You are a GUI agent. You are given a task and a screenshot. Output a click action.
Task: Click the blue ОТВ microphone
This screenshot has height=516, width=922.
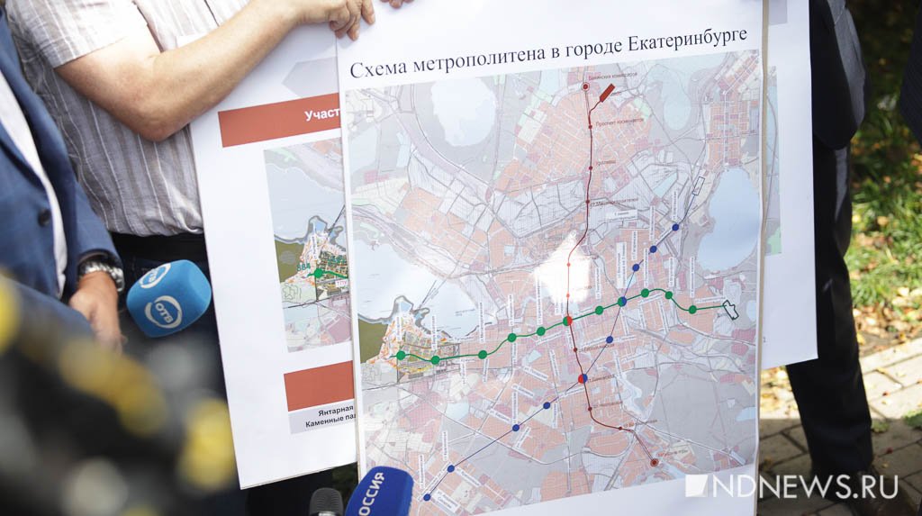[167, 298]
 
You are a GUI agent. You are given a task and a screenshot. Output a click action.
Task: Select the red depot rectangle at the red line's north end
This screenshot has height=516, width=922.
[606, 93]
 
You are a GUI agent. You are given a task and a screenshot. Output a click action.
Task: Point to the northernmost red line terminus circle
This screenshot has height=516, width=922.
[585, 87]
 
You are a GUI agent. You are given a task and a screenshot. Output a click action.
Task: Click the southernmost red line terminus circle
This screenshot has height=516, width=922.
[654, 462]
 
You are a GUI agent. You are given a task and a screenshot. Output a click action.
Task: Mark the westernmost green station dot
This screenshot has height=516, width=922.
[401, 356]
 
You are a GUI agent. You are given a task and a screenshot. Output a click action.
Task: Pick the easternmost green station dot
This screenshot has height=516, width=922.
[692, 310]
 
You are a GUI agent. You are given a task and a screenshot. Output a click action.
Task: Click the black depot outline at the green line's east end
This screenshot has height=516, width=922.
[729, 310]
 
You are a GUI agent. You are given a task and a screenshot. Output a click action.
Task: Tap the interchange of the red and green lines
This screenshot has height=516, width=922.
[567, 321]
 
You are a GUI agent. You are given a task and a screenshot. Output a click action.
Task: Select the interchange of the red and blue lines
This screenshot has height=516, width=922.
[583, 379]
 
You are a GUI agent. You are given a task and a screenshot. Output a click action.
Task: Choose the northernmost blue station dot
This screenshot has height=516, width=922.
[675, 227]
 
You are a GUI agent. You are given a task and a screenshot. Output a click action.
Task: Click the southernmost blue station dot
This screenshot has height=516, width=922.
[426, 495]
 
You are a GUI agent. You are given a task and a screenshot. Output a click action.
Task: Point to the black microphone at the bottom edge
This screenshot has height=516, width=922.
[326, 502]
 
